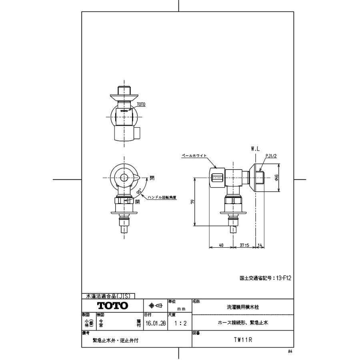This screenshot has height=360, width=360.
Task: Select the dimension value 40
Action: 221,245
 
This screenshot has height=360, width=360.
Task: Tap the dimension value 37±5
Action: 244,245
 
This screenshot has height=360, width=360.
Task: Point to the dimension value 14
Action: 260,245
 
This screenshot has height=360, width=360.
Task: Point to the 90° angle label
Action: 138,192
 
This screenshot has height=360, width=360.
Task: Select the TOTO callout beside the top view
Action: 141,104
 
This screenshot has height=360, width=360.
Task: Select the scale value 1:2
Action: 179,323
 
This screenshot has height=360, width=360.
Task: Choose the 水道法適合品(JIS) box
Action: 108,296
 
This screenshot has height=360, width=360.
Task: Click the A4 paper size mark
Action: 290,351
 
